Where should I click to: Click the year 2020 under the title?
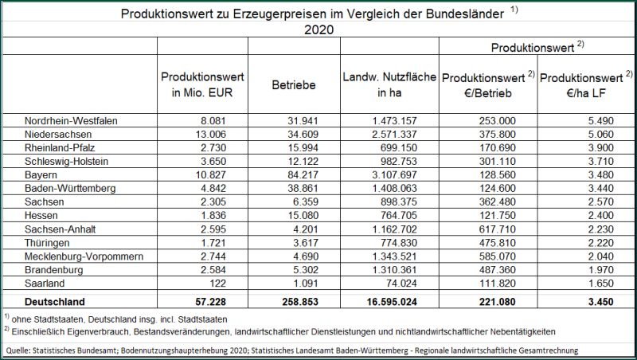click(319, 29)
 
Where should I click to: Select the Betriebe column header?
click(294, 85)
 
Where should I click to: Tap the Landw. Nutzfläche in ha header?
click(389, 84)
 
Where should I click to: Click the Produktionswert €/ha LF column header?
click(586, 84)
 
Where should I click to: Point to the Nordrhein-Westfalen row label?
click(71, 121)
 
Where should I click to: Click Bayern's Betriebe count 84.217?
click(303, 174)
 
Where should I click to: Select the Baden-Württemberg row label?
click(70, 188)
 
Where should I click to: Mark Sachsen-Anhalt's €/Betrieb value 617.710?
click(497, 229)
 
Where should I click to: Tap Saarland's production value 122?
click(217, 284)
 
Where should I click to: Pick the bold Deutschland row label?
click(55, 302)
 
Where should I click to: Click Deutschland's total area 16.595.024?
click(392, 302)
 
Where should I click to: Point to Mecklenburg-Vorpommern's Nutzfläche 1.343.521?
click(394, 256)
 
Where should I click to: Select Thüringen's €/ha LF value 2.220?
click(601, 243)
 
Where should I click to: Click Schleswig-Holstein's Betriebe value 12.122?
click(303, 162)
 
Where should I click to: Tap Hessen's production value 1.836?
click(213, 215)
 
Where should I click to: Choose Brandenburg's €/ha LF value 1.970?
click(601, 270)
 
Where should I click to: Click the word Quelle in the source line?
click(15, 350)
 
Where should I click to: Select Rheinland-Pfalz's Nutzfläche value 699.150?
click(399, 147)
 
